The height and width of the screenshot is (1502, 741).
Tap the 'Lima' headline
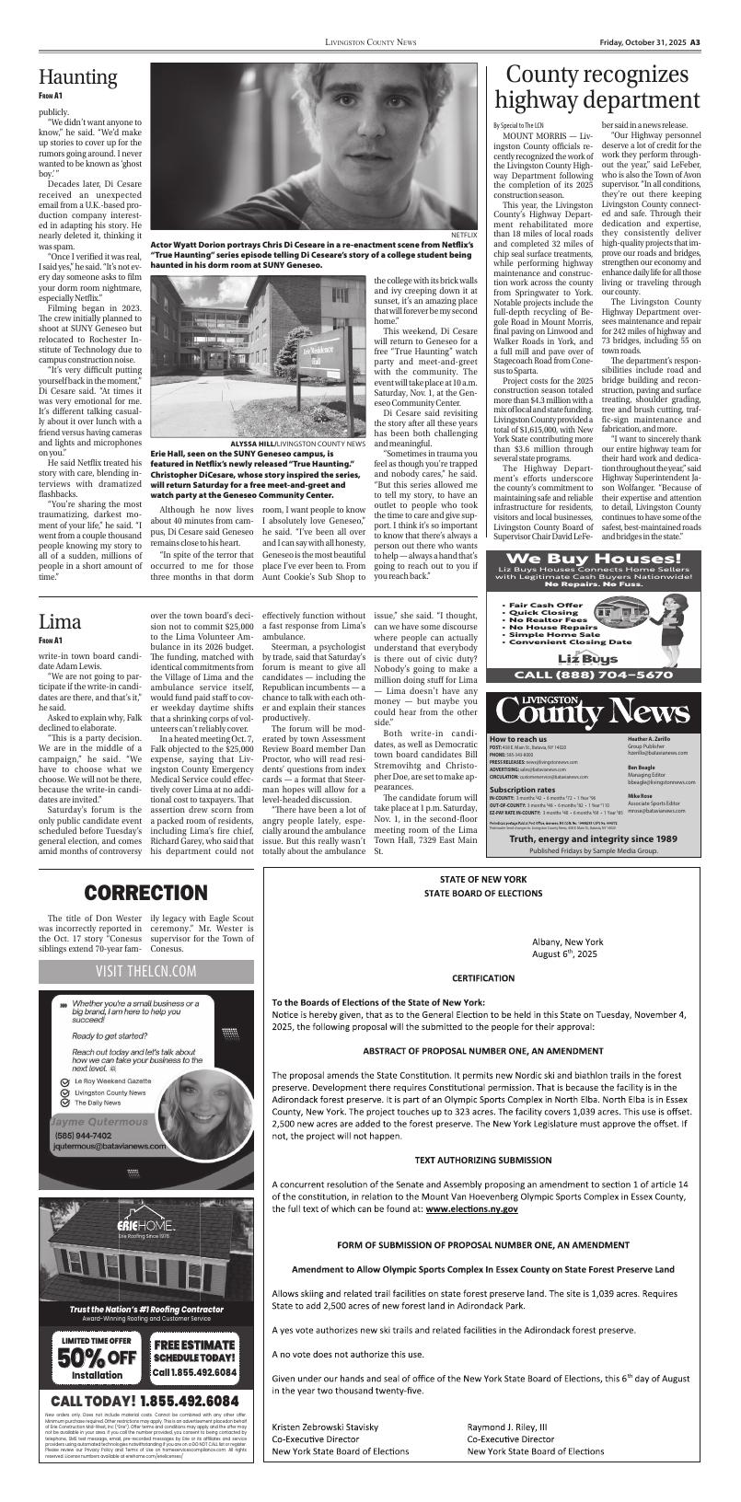click(60, 620)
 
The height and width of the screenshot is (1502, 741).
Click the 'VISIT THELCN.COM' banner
click(145, 971)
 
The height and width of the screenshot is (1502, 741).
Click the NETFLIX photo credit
click(463, 236)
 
